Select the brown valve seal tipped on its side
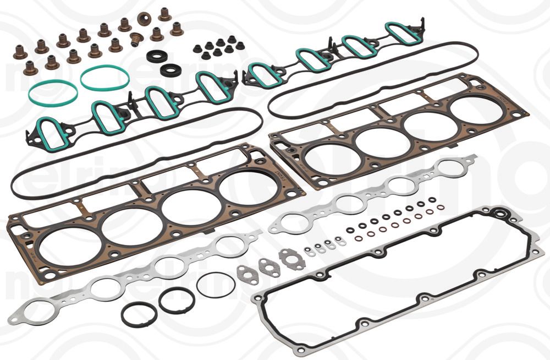(136, 40)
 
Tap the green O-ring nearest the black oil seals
(105, 78)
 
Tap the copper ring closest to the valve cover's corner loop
(441, 209)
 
